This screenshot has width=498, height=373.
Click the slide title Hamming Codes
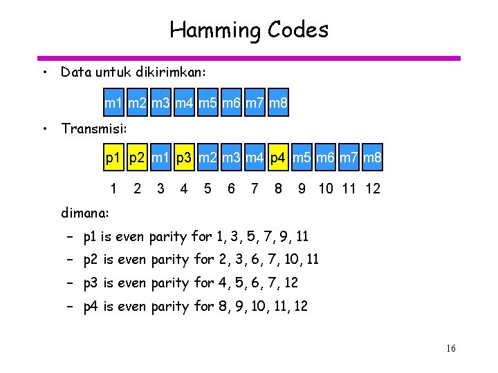[249, 30]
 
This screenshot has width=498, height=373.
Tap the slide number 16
[450, 349]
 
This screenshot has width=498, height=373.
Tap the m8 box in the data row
[277, 105]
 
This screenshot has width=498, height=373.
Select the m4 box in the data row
[184, 105]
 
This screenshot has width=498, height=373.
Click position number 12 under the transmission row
[372, 189]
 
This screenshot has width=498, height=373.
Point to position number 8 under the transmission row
[278, 189]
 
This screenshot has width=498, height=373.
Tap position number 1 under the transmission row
[113, 189]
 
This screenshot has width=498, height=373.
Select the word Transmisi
[90, 128]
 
